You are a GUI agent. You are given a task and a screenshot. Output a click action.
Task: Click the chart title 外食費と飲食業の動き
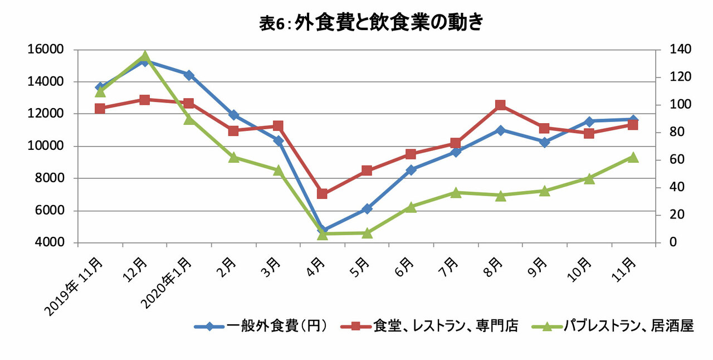tap(389, 23)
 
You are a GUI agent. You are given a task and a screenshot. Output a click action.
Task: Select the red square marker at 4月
tap(322, 193)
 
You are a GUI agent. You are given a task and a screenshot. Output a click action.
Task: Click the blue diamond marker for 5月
tap(367, 209)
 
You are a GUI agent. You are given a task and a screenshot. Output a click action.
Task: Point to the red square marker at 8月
tap(500, 105)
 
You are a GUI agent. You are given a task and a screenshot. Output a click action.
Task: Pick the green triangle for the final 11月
tap(633, 157)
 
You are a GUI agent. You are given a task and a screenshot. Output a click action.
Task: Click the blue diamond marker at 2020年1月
tap(189, 75)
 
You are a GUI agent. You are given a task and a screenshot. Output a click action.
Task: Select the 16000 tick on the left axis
tap(46, 50)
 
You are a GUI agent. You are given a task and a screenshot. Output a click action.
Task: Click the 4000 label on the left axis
tap(46, 242)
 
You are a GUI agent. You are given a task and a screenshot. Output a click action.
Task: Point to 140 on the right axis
tap(681, 50)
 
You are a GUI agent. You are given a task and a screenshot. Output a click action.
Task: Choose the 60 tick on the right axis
tap(677, 159)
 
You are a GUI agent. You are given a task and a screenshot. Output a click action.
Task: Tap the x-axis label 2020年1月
tap(167, 283)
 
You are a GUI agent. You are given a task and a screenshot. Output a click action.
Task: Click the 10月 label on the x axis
tap(579, 270)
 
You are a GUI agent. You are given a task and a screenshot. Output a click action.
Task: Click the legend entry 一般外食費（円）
tap(261, 326)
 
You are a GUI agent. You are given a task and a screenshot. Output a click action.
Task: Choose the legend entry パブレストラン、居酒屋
tap(613, 326)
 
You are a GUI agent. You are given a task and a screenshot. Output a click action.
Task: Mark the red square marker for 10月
tap(589, 133)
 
